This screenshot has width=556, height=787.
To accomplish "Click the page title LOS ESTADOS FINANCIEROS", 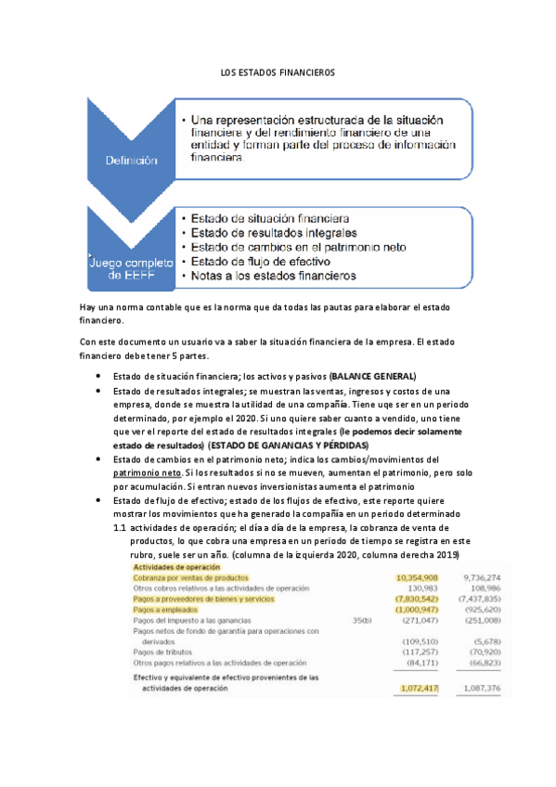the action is pyautogui.click(x=278, y=71).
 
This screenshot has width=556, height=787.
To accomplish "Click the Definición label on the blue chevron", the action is pyautogui.click(x=131, y=161).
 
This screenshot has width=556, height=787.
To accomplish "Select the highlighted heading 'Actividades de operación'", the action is pyautogui.click(x=177, y=567).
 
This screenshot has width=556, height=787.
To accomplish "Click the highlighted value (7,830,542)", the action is pyautogui.click(x=409, y=600).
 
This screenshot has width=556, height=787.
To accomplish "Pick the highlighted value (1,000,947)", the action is pyautogui.click(x=409, y=611).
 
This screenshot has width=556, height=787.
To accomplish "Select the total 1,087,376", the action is pyautogui.click(x=481, y=689).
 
